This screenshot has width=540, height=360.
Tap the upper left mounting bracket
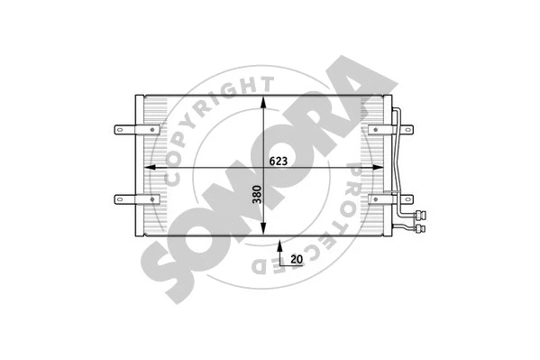125,131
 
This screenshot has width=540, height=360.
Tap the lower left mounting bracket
125,198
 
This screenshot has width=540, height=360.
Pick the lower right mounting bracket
402,198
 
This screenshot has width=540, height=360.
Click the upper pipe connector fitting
419,215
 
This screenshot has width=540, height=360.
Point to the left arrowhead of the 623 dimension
150,169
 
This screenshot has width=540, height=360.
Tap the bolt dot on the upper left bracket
117,131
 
